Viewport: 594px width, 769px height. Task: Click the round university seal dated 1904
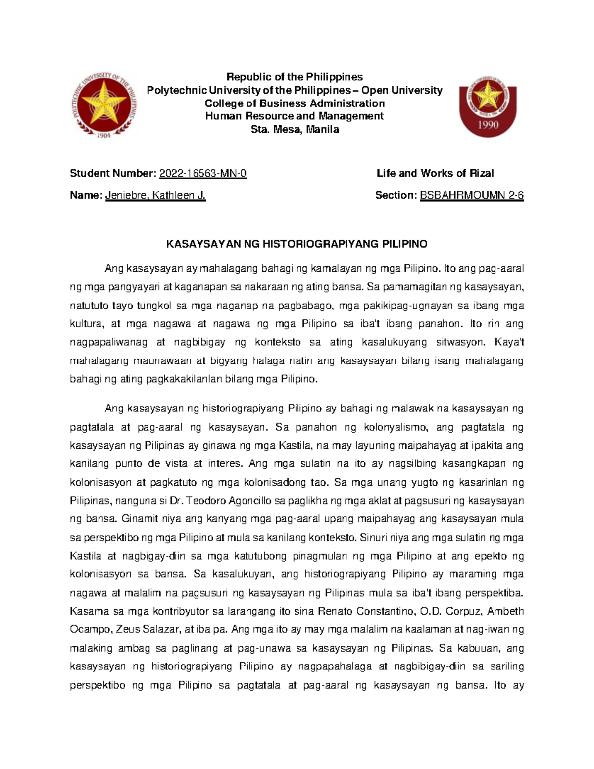click(103, 103)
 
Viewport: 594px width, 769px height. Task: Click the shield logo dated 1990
click(488, 105)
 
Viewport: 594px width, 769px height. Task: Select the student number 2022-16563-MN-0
click(202, 173)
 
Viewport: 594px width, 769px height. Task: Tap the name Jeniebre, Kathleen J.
click(155, 195)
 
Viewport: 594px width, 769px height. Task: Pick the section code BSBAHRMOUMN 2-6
click(472, 195)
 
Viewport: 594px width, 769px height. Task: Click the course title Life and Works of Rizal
click(435, 173)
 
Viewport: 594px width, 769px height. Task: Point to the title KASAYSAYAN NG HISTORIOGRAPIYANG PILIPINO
click(297, 244)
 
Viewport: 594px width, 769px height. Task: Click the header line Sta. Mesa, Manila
click(295, 130)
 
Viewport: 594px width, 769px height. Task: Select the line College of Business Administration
click(295, 103)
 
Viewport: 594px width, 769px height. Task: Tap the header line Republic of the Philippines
click(295, 77)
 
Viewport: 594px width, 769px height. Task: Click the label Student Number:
click(113, 173)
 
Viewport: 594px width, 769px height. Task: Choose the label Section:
click(396, 195)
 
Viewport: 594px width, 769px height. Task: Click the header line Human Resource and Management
click(295, 116)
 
